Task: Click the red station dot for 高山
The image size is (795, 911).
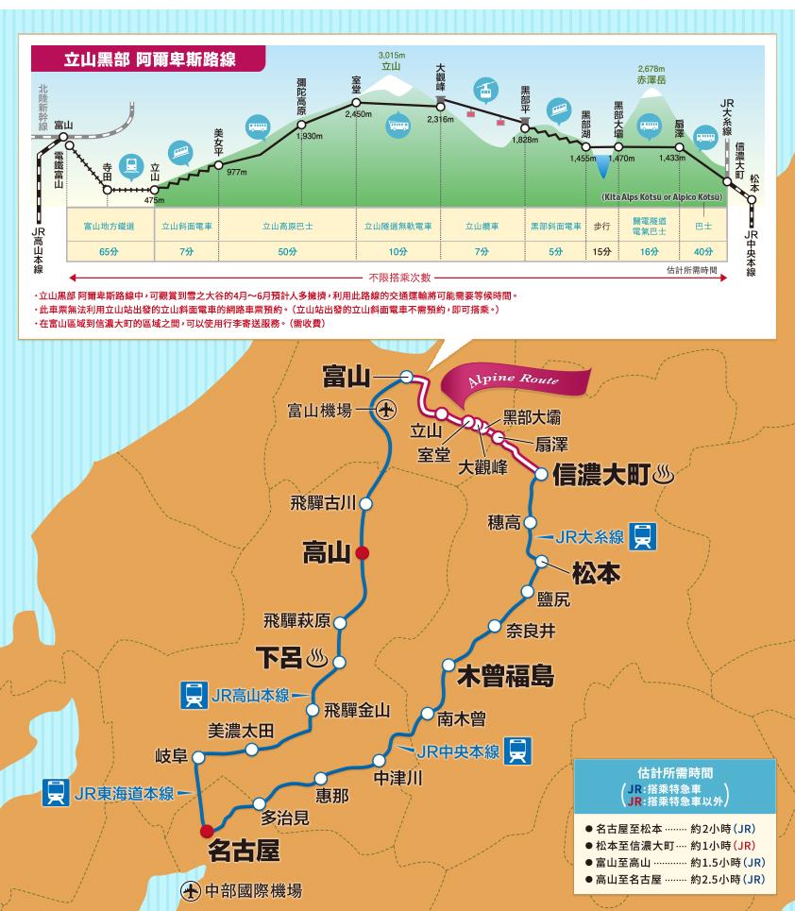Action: click(x=364, y=553)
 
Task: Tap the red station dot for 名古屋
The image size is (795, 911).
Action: click(x=206, y=831)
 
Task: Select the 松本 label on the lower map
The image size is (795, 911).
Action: click(x=596, y=572)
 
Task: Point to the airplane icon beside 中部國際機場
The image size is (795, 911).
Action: click(x=191, y=890)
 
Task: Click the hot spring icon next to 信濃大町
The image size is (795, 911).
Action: click(x=664, y=473)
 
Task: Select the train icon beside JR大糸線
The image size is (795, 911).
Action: click(x=643, y=536)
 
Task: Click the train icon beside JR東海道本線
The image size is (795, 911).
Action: click(x=56, y=793)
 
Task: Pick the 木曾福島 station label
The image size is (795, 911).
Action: click(x=505, y=676)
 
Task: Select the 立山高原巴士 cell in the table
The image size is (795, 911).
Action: click(x=289, y=227)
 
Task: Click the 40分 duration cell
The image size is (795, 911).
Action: click(x=703, y=251)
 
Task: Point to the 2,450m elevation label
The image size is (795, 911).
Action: click(x=359, y=114)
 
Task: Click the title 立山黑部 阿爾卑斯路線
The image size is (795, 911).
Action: click(x=149, y=59)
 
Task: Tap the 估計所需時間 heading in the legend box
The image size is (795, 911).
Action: click(x=675, y=770)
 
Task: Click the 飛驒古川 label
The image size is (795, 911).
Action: click(x=324, y=503)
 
